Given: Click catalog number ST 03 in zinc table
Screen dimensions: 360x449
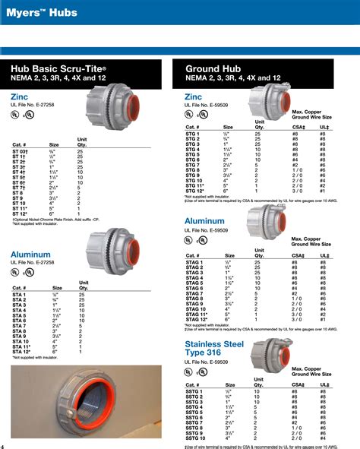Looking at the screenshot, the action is click(21, 151).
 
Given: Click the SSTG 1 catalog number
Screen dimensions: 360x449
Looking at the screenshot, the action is click(194, 391).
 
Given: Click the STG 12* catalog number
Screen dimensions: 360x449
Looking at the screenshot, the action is click(194, 189).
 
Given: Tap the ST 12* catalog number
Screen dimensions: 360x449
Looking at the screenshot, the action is click(21, 214).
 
